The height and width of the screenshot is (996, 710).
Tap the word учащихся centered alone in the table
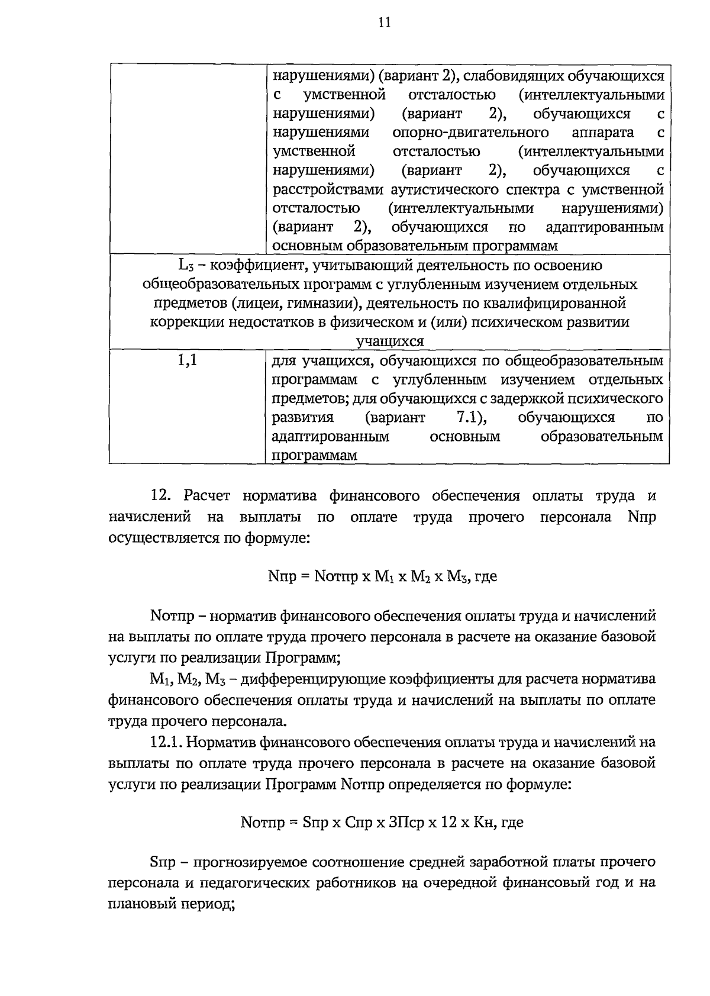pos(390,341)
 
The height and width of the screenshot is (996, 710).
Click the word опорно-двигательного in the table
pos(470,133)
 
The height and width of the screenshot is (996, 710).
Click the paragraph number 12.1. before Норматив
pos(169,742)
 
